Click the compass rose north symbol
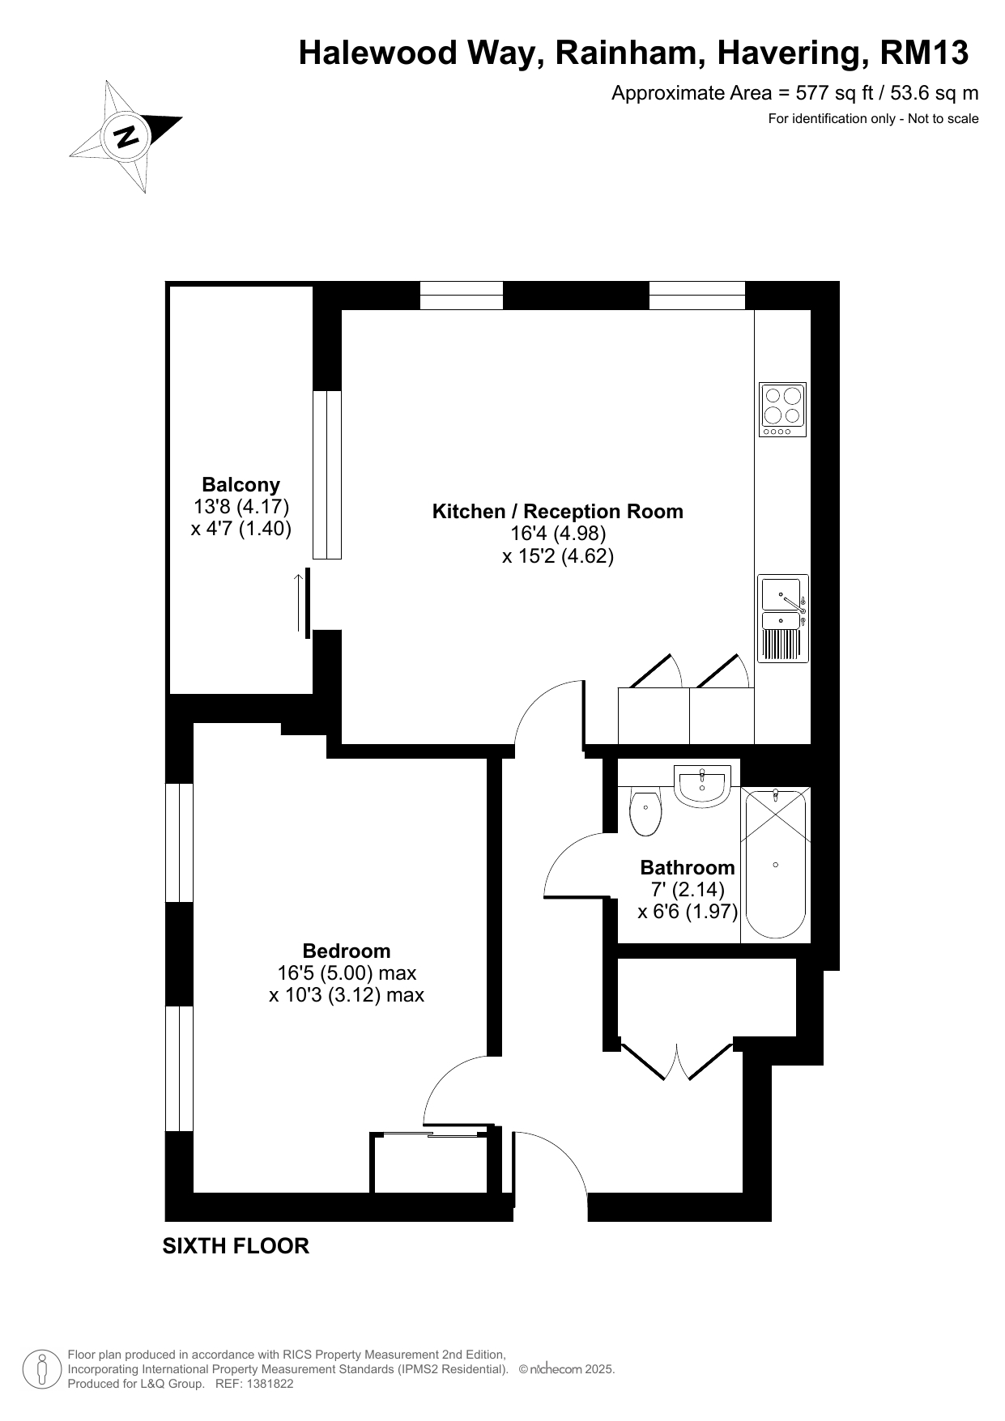tap(126, 135)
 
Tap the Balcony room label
tap(241, 485)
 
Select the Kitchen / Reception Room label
tap(558, 512)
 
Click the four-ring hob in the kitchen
tap(783, 410)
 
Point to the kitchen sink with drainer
tap(783, 618)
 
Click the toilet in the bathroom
tap(645, 812)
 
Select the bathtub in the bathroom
tap(776, 863)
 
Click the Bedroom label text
tap(347, 951)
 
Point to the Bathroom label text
tap(688, 868)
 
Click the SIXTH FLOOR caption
tap(236, 1246)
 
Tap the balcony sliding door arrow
tap(298, 602)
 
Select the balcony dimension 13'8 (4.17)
tap(241, 507)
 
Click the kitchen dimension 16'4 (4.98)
tap(558, 534)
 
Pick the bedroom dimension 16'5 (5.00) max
tap(347, 973)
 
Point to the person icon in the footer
tap(41, 1369)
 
